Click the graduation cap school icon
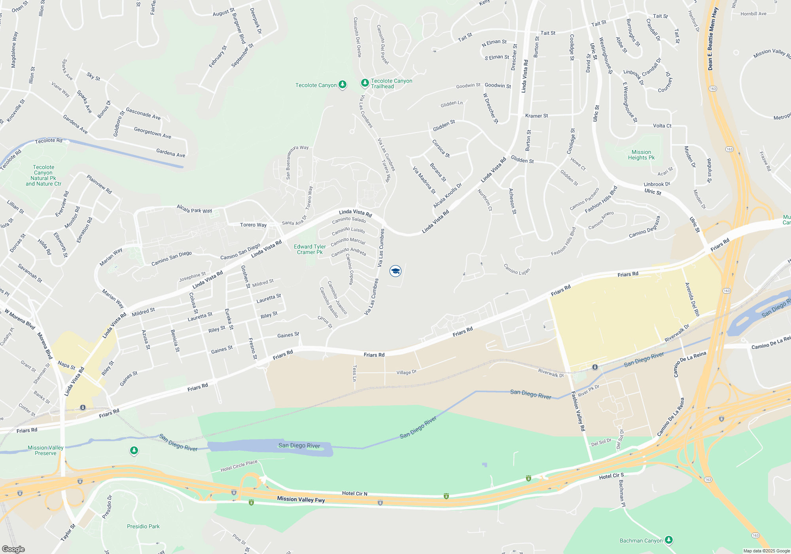[395, 271]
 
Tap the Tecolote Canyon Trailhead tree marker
[365, 83]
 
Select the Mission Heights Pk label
[641, 155]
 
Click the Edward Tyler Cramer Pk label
[310, 249]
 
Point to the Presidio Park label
[143, 526]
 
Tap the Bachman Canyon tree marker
[668, 540]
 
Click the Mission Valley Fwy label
[301, 499]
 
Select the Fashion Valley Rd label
[578, 411]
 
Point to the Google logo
[13, 549]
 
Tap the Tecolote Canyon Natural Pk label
[44, 175]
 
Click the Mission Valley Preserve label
[45, 450]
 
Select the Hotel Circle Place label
[239, 466]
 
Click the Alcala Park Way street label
[194, 209]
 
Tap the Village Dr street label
[406, 372]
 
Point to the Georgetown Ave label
[153, 133]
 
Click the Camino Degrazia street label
[645, 227]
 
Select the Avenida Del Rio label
[692, 299]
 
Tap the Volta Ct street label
[662, 126]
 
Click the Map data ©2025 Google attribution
[766, 551]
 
